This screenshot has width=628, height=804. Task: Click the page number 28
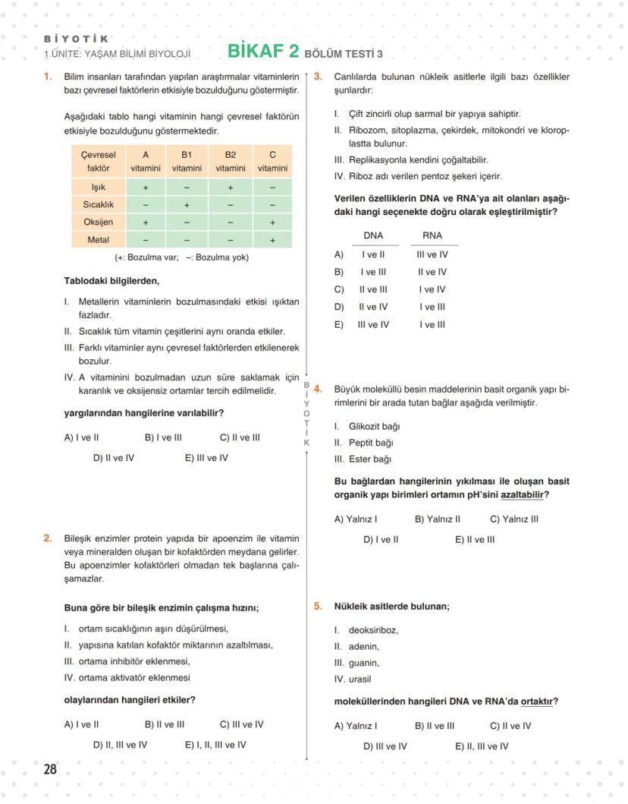(50, 769)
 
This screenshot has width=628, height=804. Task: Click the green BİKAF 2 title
(262, 52)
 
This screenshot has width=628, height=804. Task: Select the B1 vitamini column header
(187, 161)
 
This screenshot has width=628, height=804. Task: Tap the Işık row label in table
(98, 187)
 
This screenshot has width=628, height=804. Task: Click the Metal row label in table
(98, 240)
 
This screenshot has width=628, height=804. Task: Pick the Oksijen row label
(98, 222)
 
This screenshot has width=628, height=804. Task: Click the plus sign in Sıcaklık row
(187, 205)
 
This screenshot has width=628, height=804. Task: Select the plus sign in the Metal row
(272, 240)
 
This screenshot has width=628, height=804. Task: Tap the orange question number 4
(318, 389)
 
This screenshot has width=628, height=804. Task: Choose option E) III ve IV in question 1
(206, 458)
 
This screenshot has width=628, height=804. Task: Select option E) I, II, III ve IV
(215, 745)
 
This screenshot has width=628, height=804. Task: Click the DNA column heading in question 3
(373, 235)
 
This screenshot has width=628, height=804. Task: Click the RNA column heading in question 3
(432, 235)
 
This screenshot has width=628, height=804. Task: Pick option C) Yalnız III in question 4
(514, 519)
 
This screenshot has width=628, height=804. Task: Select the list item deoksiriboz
(372, 630)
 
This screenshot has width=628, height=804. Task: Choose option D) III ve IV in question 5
(385, 746)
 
